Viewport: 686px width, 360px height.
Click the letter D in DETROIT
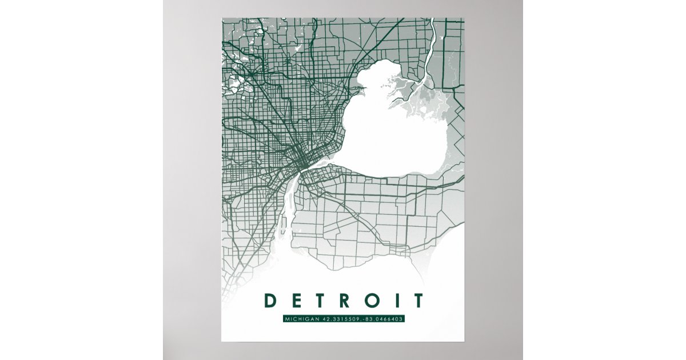click(268, 301)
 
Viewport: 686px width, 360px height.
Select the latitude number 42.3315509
click(343, 319)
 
